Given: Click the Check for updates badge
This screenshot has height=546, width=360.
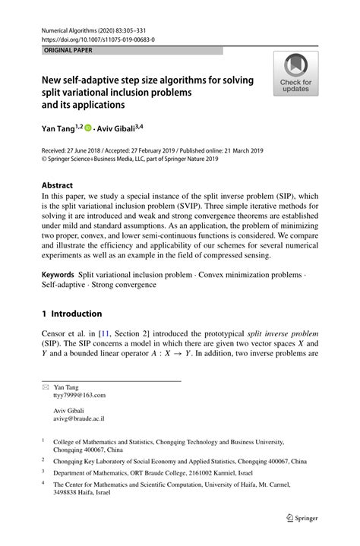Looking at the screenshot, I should [x=295, y=74].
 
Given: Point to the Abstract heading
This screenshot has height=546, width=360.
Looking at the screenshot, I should [x=57, y=185].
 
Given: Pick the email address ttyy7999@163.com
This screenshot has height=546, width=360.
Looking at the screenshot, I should [x=80, y=396].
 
